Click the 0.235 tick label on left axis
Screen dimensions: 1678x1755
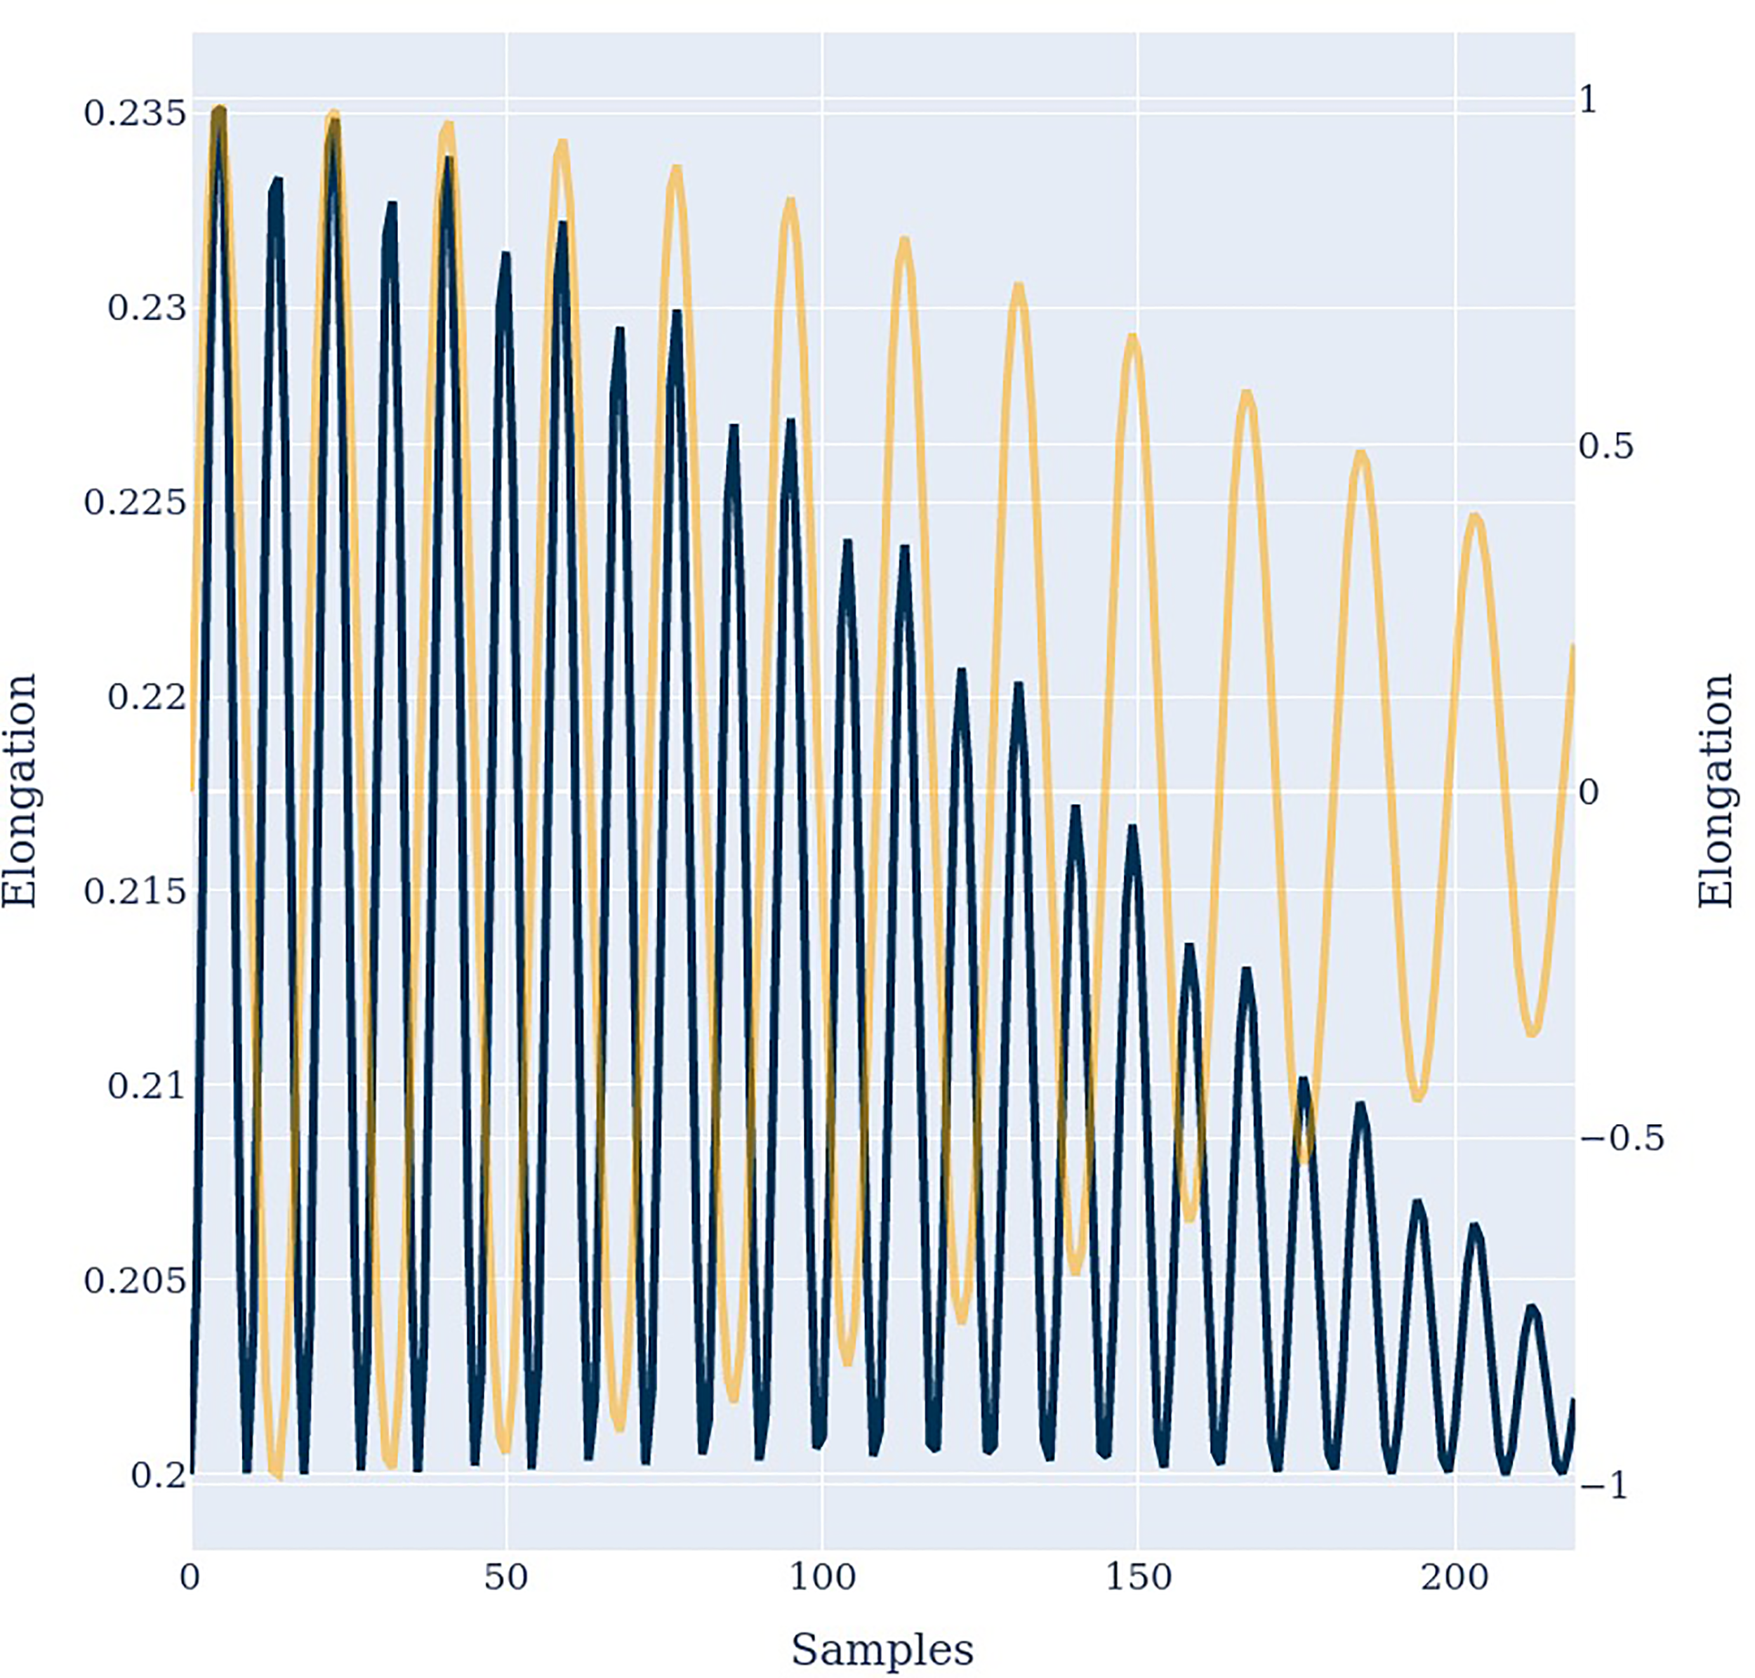pyautogui.click(x=135, y=114)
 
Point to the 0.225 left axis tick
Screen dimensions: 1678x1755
pyautogui.click(x=135, y=503)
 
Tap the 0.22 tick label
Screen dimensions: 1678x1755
pyautogui.click(x=147, y=696)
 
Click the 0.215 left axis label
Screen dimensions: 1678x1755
pyautogui.click(x=135, y=891)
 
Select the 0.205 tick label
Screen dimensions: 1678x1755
pyautogui.click(x=135, y=1280)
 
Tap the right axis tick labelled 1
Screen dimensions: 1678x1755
pyautogui.click(x=1588, y=99)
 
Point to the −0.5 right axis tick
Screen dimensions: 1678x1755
pyautogui.click(x=1622, y=1139)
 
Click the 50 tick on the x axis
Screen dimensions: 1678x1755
pyautogui.click(x=506, y=1577)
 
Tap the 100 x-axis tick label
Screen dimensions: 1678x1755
pyautogui.click(x=822, y=1577)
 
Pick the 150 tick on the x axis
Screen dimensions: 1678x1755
pyautogui.click(x=1139, y=1577)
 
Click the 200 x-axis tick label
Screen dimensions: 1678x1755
pyautogui.click(x=1455, y=1577)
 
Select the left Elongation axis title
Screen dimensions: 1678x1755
pyautogui.click(x=20, y=791)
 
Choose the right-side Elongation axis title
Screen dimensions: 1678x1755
pyautogui.click(x=1716, y=791)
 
